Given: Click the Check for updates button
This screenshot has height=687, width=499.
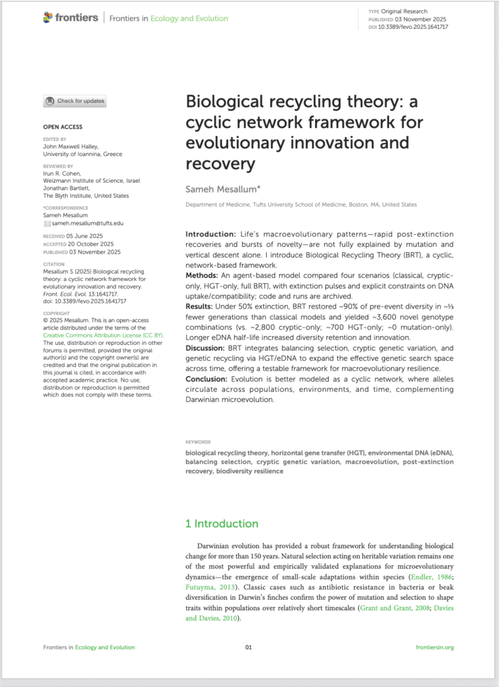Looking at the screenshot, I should point(74,101).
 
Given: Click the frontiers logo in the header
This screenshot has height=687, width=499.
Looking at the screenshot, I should point(70,18).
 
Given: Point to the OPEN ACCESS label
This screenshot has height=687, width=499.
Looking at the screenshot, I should point(63,126).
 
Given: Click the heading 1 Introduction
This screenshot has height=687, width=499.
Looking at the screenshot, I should point(221,523).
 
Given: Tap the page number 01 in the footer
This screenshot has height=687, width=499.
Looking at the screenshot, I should point(248,647).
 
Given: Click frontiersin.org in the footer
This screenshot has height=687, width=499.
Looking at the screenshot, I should point(435,647).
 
